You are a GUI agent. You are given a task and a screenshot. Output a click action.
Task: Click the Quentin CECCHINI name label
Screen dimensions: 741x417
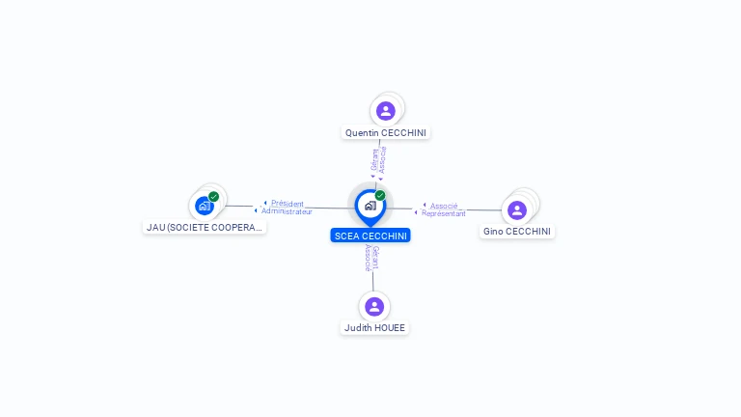point(386,133)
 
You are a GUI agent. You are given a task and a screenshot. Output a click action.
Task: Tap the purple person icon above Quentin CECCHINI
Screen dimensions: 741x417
point(386,111)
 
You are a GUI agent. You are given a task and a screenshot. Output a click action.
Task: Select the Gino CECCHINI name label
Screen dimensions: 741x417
point(516,232)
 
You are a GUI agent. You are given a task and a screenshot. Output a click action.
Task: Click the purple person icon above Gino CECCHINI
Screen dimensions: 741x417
point(517,210)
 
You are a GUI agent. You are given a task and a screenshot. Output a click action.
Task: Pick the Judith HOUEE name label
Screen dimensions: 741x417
point(374,327)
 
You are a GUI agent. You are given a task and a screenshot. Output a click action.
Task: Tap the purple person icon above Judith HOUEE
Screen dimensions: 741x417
point(374,307)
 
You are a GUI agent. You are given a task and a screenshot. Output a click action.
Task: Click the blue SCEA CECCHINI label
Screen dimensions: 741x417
point(370,236)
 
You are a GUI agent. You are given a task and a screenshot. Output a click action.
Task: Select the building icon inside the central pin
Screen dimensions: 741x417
point(370,206)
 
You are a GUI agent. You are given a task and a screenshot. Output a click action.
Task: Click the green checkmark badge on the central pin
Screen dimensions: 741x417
point(380,195)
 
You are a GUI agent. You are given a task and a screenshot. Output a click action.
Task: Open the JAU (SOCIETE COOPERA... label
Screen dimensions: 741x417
point(205,228)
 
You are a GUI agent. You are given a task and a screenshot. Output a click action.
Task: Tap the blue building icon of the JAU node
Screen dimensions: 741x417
point(205,207)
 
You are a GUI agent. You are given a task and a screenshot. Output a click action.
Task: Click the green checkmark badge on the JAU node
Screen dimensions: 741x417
point(213,197)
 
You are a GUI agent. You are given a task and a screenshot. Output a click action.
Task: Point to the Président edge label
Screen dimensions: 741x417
point(288,204)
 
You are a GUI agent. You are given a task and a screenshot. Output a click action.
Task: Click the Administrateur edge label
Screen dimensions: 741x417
point(287,211)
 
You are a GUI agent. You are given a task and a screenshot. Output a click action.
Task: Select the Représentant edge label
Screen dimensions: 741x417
point(443,213)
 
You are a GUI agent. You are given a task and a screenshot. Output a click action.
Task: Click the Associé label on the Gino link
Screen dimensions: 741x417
point(444,207)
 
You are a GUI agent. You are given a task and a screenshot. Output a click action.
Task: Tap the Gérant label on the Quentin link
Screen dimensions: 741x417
point(374,160)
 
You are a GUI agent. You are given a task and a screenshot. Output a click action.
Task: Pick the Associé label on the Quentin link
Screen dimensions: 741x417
point(383,160)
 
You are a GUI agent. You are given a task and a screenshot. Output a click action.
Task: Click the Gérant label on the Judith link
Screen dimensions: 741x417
point(375,258)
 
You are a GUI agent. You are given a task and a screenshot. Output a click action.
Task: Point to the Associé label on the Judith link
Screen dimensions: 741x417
point(369,258)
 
